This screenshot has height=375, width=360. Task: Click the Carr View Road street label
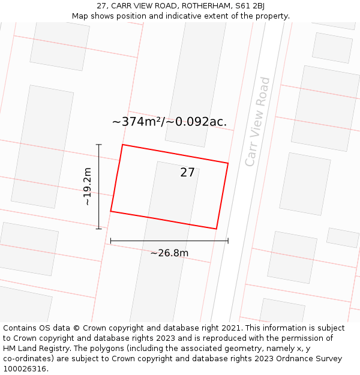258,122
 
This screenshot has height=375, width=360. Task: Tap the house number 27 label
187,172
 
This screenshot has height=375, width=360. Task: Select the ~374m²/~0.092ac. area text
169,122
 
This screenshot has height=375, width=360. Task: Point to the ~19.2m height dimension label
88,187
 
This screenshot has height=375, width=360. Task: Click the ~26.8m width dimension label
169,253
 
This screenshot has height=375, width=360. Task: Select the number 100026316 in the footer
25,369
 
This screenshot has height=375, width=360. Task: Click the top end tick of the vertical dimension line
99,145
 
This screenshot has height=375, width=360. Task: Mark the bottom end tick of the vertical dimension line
99,229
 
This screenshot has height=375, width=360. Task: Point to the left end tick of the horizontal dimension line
110,241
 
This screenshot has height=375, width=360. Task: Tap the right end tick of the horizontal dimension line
228,241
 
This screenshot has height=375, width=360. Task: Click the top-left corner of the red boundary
122,145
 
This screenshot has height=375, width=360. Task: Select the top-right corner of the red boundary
228,163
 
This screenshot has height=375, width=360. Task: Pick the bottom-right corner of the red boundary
216,229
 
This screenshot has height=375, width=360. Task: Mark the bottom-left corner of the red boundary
110,211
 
